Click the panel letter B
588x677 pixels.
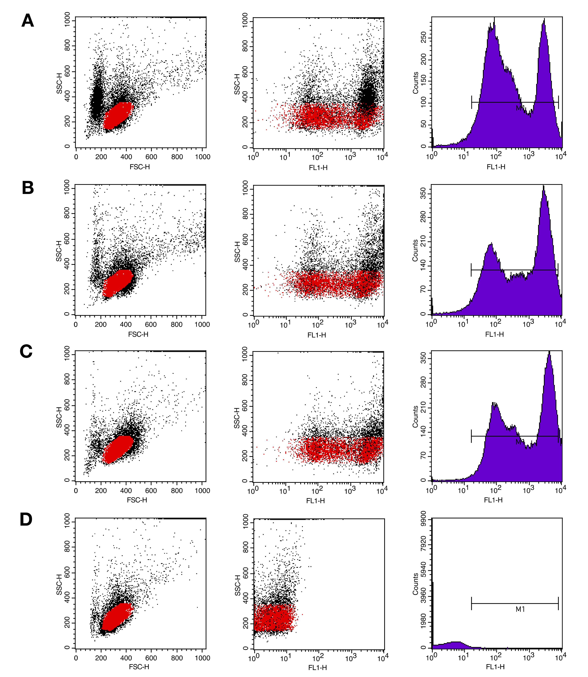[28, 188]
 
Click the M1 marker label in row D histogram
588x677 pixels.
[520, 609]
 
